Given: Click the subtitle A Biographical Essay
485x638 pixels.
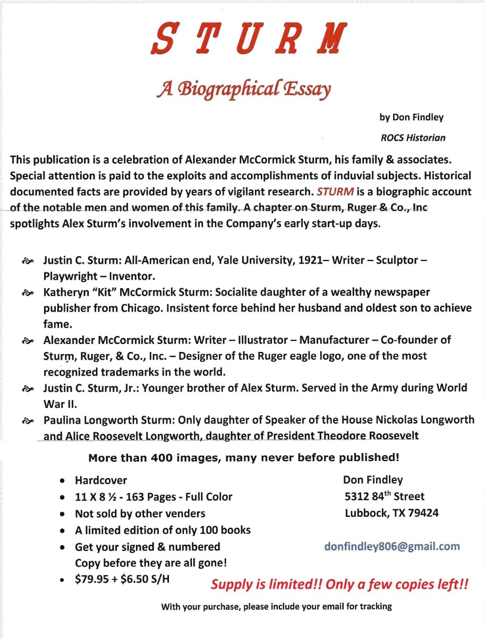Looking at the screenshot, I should point(243,88).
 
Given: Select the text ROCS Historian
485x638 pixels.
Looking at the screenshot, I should point(413,138).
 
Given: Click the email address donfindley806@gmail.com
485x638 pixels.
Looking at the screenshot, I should point(392,546).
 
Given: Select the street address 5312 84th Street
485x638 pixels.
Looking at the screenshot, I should point(385,497).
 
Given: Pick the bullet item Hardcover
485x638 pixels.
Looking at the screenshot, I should point(101,481).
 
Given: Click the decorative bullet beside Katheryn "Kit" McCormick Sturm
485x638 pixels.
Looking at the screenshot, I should point(27,292).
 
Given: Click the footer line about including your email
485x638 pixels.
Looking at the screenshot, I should point(276,607).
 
